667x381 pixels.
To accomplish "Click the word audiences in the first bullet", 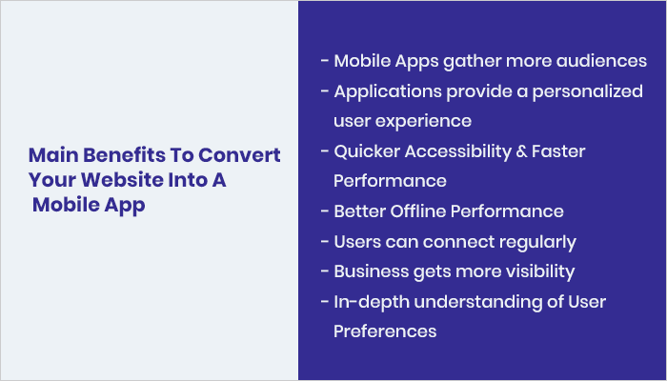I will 604,61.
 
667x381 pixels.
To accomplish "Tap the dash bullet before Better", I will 324,211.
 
